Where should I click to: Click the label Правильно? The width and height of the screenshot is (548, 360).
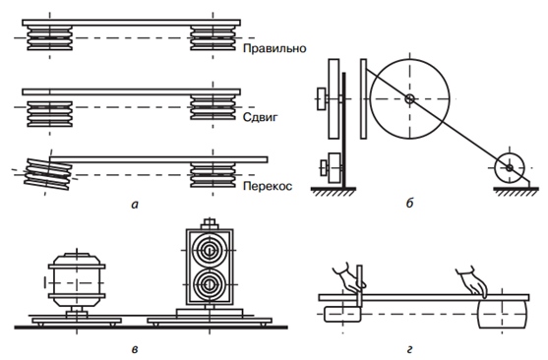point(274,48)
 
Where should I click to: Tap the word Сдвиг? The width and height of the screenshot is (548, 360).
point(261,117)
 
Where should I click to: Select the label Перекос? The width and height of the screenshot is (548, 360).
point(268,186)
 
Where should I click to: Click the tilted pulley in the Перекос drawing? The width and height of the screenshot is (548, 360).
point(48,174)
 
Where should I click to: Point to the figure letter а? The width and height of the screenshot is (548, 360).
point(135,205)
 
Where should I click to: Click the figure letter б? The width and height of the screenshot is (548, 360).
point(409,203)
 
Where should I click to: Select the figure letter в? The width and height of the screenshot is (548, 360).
point(135,349)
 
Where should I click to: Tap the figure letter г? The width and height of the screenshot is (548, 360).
point(409,349)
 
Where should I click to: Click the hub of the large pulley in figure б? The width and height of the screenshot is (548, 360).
point(409,99)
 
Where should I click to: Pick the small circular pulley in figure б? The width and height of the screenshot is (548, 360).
point(510,168)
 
